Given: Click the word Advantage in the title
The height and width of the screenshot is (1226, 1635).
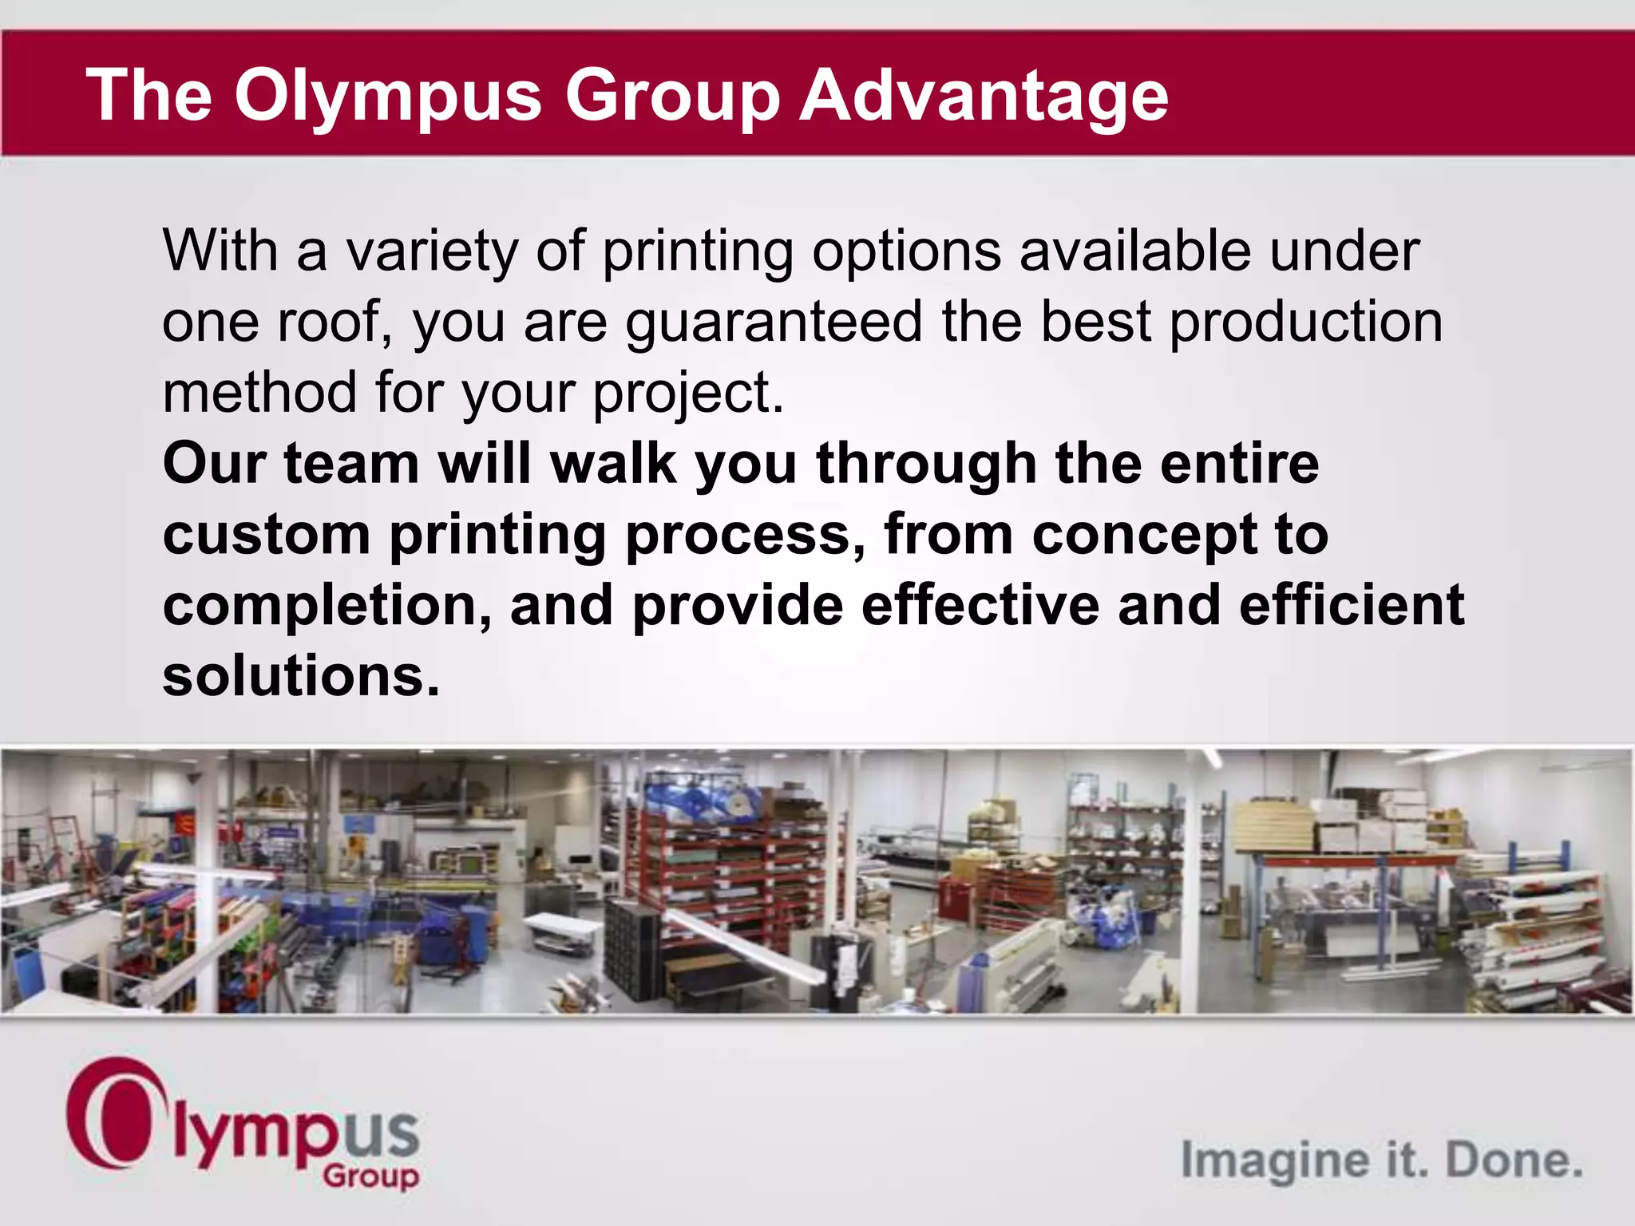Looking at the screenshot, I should pos(984,96).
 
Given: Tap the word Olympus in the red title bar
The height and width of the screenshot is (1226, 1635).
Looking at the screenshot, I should pos(388,96).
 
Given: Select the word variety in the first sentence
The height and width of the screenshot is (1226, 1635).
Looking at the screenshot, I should pos(432,251).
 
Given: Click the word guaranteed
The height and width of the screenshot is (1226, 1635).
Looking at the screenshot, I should pos(774,322).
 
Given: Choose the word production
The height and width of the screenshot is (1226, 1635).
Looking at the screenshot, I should pos(1306,322).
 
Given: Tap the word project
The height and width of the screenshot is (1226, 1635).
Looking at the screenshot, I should pos(687,394).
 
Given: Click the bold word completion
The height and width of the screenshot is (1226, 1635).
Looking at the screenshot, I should pos(327,605).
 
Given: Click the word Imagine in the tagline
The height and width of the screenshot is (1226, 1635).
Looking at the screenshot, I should pos(1274,1160).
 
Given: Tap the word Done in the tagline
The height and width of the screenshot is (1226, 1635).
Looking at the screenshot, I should pos(1514,1160).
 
